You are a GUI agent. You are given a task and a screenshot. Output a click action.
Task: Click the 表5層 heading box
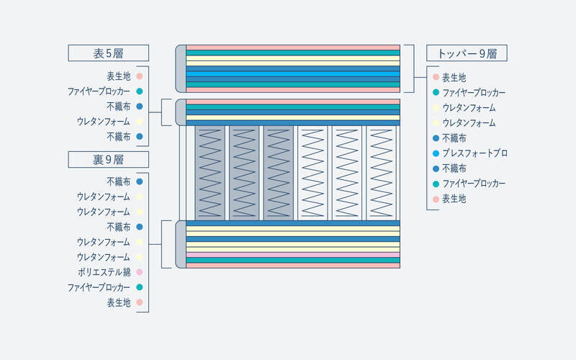point(109,53)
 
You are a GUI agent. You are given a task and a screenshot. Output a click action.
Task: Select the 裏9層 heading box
point(109,159)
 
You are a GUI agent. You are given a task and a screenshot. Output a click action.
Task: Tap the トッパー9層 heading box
point(467,53)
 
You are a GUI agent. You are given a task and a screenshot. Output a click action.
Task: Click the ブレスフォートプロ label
point(474,153)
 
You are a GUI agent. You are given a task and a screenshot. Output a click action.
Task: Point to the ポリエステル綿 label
point(104,272)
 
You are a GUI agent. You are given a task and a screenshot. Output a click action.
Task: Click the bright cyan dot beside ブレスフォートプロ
point(436,153)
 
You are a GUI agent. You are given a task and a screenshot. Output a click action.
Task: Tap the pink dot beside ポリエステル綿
point(139,272)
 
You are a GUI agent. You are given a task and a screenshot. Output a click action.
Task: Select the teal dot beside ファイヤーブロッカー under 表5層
point(139,91)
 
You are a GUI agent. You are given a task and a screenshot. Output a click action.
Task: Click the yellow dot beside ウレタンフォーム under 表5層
point(139,121)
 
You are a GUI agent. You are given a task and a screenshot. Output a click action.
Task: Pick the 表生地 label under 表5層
point(119,76)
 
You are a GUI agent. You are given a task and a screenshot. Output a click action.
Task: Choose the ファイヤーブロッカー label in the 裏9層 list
point(99,287)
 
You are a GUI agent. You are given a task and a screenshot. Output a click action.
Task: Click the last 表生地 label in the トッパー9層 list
point(454,199)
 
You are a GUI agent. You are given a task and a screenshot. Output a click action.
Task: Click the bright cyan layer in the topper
point(293,74)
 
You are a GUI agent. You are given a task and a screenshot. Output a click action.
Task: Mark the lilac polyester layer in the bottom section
point(293,255)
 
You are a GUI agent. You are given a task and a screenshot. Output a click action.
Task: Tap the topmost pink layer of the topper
point(293,48)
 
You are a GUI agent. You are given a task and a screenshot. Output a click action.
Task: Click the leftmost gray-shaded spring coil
point(210,173)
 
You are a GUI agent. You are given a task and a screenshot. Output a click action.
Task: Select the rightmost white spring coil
point(381,173)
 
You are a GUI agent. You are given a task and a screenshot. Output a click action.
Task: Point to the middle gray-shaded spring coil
point(244,173)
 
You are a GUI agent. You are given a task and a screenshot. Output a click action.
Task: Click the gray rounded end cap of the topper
point(181,68)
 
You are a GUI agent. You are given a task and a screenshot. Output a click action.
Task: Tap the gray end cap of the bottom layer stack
point(181,244)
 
